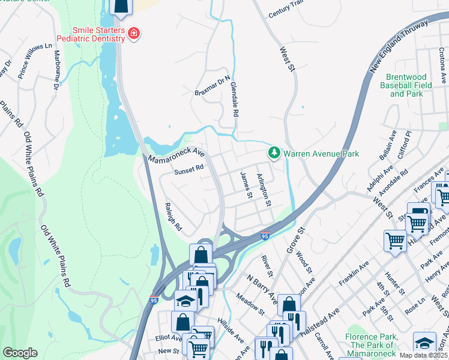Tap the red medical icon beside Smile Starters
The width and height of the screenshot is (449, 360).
click(133, 34)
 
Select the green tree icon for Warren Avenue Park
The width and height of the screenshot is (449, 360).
click(274, 154)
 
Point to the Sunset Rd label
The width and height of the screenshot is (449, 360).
click(189, 171)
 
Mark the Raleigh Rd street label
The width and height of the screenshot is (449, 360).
click(172, 217)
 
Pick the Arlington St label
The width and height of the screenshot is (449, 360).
click(265, 191)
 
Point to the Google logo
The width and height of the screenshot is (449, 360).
click(20, 353)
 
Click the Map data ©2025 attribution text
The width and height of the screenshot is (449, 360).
click(423, 355)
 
